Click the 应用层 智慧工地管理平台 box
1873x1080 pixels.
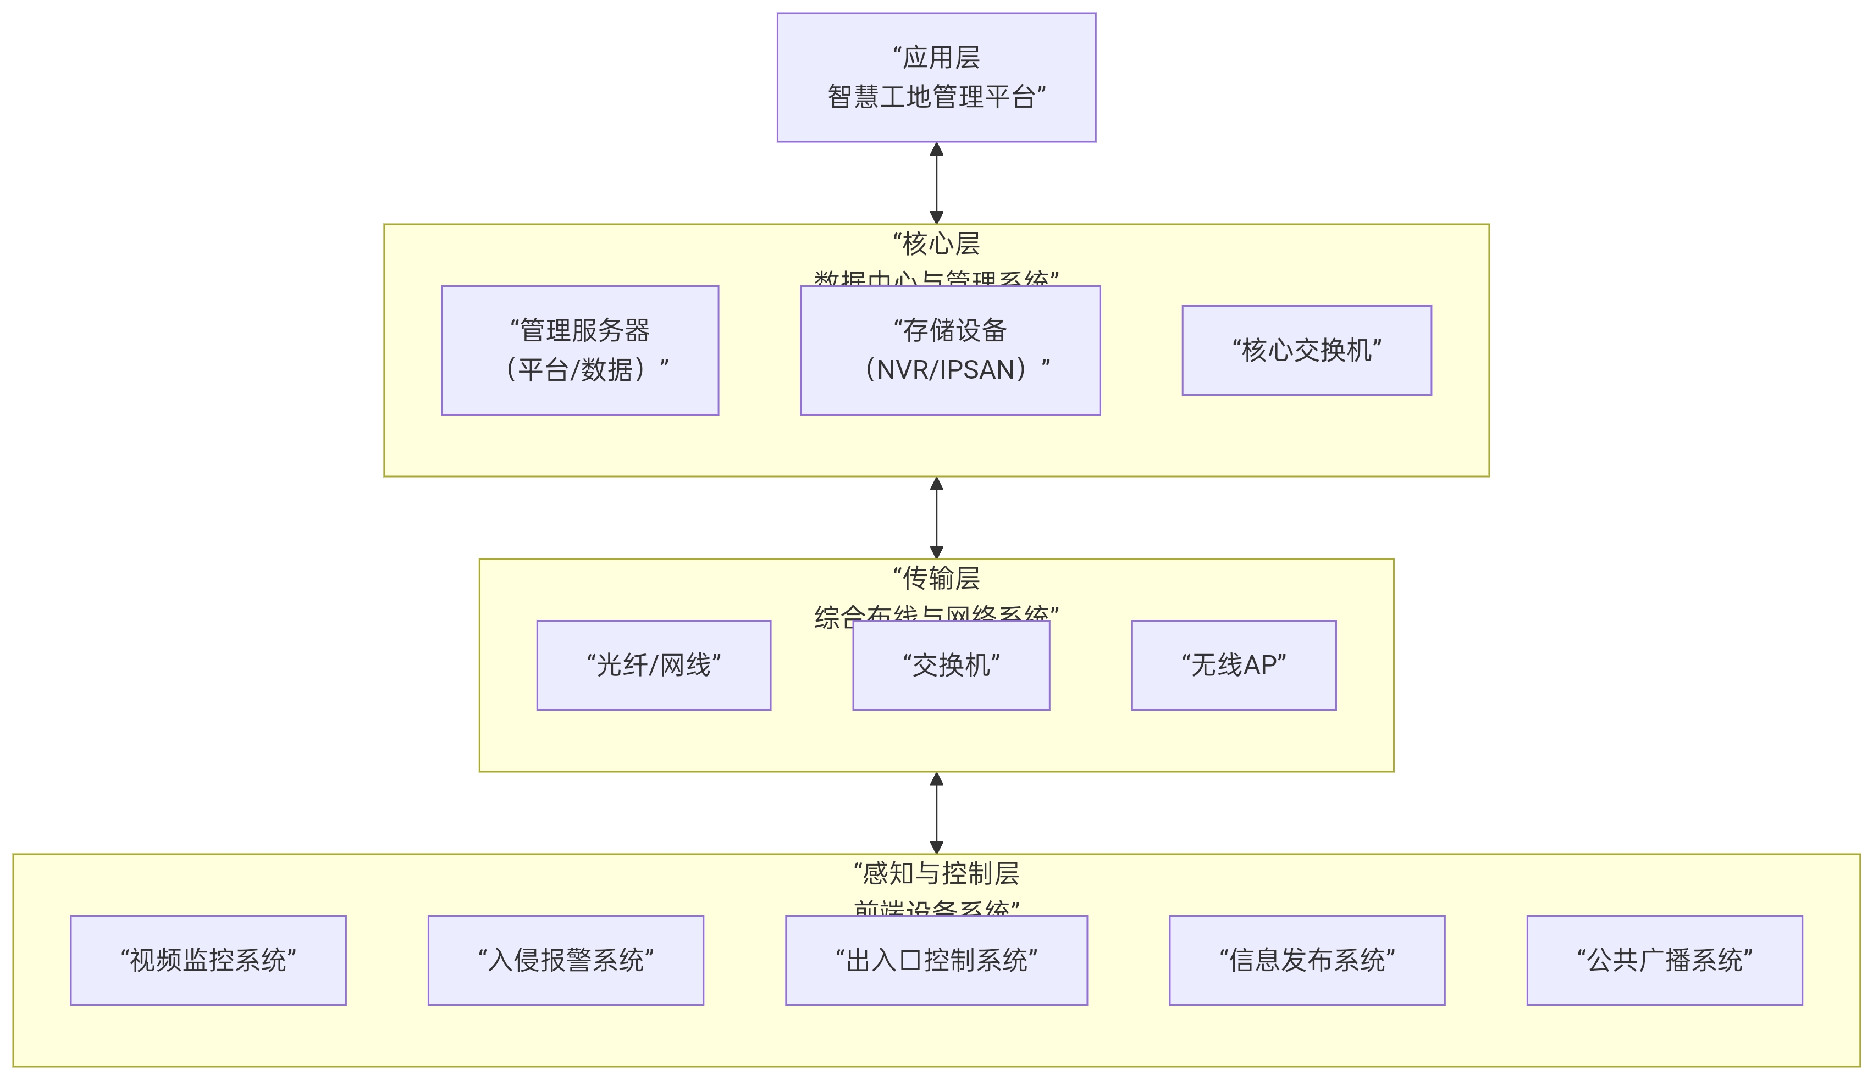pyautogui.click(x=936, y=77)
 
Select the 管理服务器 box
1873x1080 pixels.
pyautogui.click(x=579, y=350)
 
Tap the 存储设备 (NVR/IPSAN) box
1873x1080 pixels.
pyautogui.click(x=949, y=350)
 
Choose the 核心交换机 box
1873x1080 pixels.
pyautogui.click(x=1306, y=350)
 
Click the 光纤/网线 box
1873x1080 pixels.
pyautogui.click(x=654, y=666)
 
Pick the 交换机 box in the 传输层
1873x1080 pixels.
pyautogui.click(x=951, y=666)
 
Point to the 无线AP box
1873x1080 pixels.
pyautogui.click(x=1234, y=666)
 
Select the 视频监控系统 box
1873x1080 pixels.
pyautogui.click(x=208, y=961)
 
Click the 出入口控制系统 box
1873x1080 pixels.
pyautogui.click(x=936, y=961)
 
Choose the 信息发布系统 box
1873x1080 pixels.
pyautogui.click(x=1307, y=961)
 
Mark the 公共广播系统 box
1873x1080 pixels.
pyautogui.click(x=1665, y=961)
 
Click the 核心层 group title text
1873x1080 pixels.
pyautogui.click(x=936, y=244)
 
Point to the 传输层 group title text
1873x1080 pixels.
pyautogui.click(x=936, y=579)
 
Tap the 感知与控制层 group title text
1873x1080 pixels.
pyautogui.click(x=936, y=874)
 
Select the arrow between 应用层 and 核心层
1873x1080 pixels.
pyautogui.click(x=936, y=183)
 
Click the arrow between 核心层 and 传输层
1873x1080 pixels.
pyautogui.click(x=936, y=518)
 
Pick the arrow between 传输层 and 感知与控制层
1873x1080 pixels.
pyautogui.click(x=936, y=813)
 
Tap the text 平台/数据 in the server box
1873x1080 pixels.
pyautogui.click(x=576, y=369)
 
